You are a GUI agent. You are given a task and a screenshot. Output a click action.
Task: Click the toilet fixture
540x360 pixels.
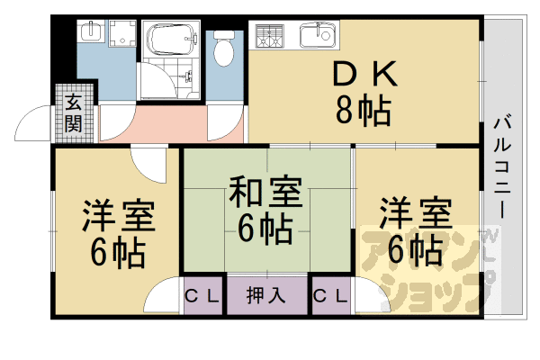(223, 49)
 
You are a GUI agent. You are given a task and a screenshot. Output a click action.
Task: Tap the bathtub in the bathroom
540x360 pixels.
(171, 39)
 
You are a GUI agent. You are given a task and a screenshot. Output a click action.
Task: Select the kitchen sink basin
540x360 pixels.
(318, 35)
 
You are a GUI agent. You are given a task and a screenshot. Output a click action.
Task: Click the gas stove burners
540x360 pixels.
(270, 36)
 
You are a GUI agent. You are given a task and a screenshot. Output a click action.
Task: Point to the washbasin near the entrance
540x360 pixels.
(91, 31)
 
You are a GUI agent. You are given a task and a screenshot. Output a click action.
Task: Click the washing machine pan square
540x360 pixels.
(122, 33)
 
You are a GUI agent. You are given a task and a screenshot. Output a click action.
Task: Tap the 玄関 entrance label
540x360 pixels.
(74, 112)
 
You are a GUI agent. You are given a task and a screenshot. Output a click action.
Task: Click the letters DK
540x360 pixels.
(365, 74)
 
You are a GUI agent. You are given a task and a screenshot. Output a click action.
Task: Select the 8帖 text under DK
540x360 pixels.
(364, 110)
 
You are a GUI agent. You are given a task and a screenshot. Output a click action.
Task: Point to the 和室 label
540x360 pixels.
(265, 192)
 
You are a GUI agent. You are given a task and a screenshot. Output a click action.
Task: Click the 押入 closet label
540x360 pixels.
(265, 295)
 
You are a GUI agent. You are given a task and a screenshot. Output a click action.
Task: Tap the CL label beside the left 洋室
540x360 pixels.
(202, 295)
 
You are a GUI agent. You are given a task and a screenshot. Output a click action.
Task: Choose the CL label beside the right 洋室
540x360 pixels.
(330, 295)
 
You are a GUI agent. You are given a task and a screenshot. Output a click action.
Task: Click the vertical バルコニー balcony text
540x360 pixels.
(502, 166)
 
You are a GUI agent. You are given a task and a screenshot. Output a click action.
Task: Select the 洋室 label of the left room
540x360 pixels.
(118, 214)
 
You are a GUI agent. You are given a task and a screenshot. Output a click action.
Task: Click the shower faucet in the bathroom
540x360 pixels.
(188, 76)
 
